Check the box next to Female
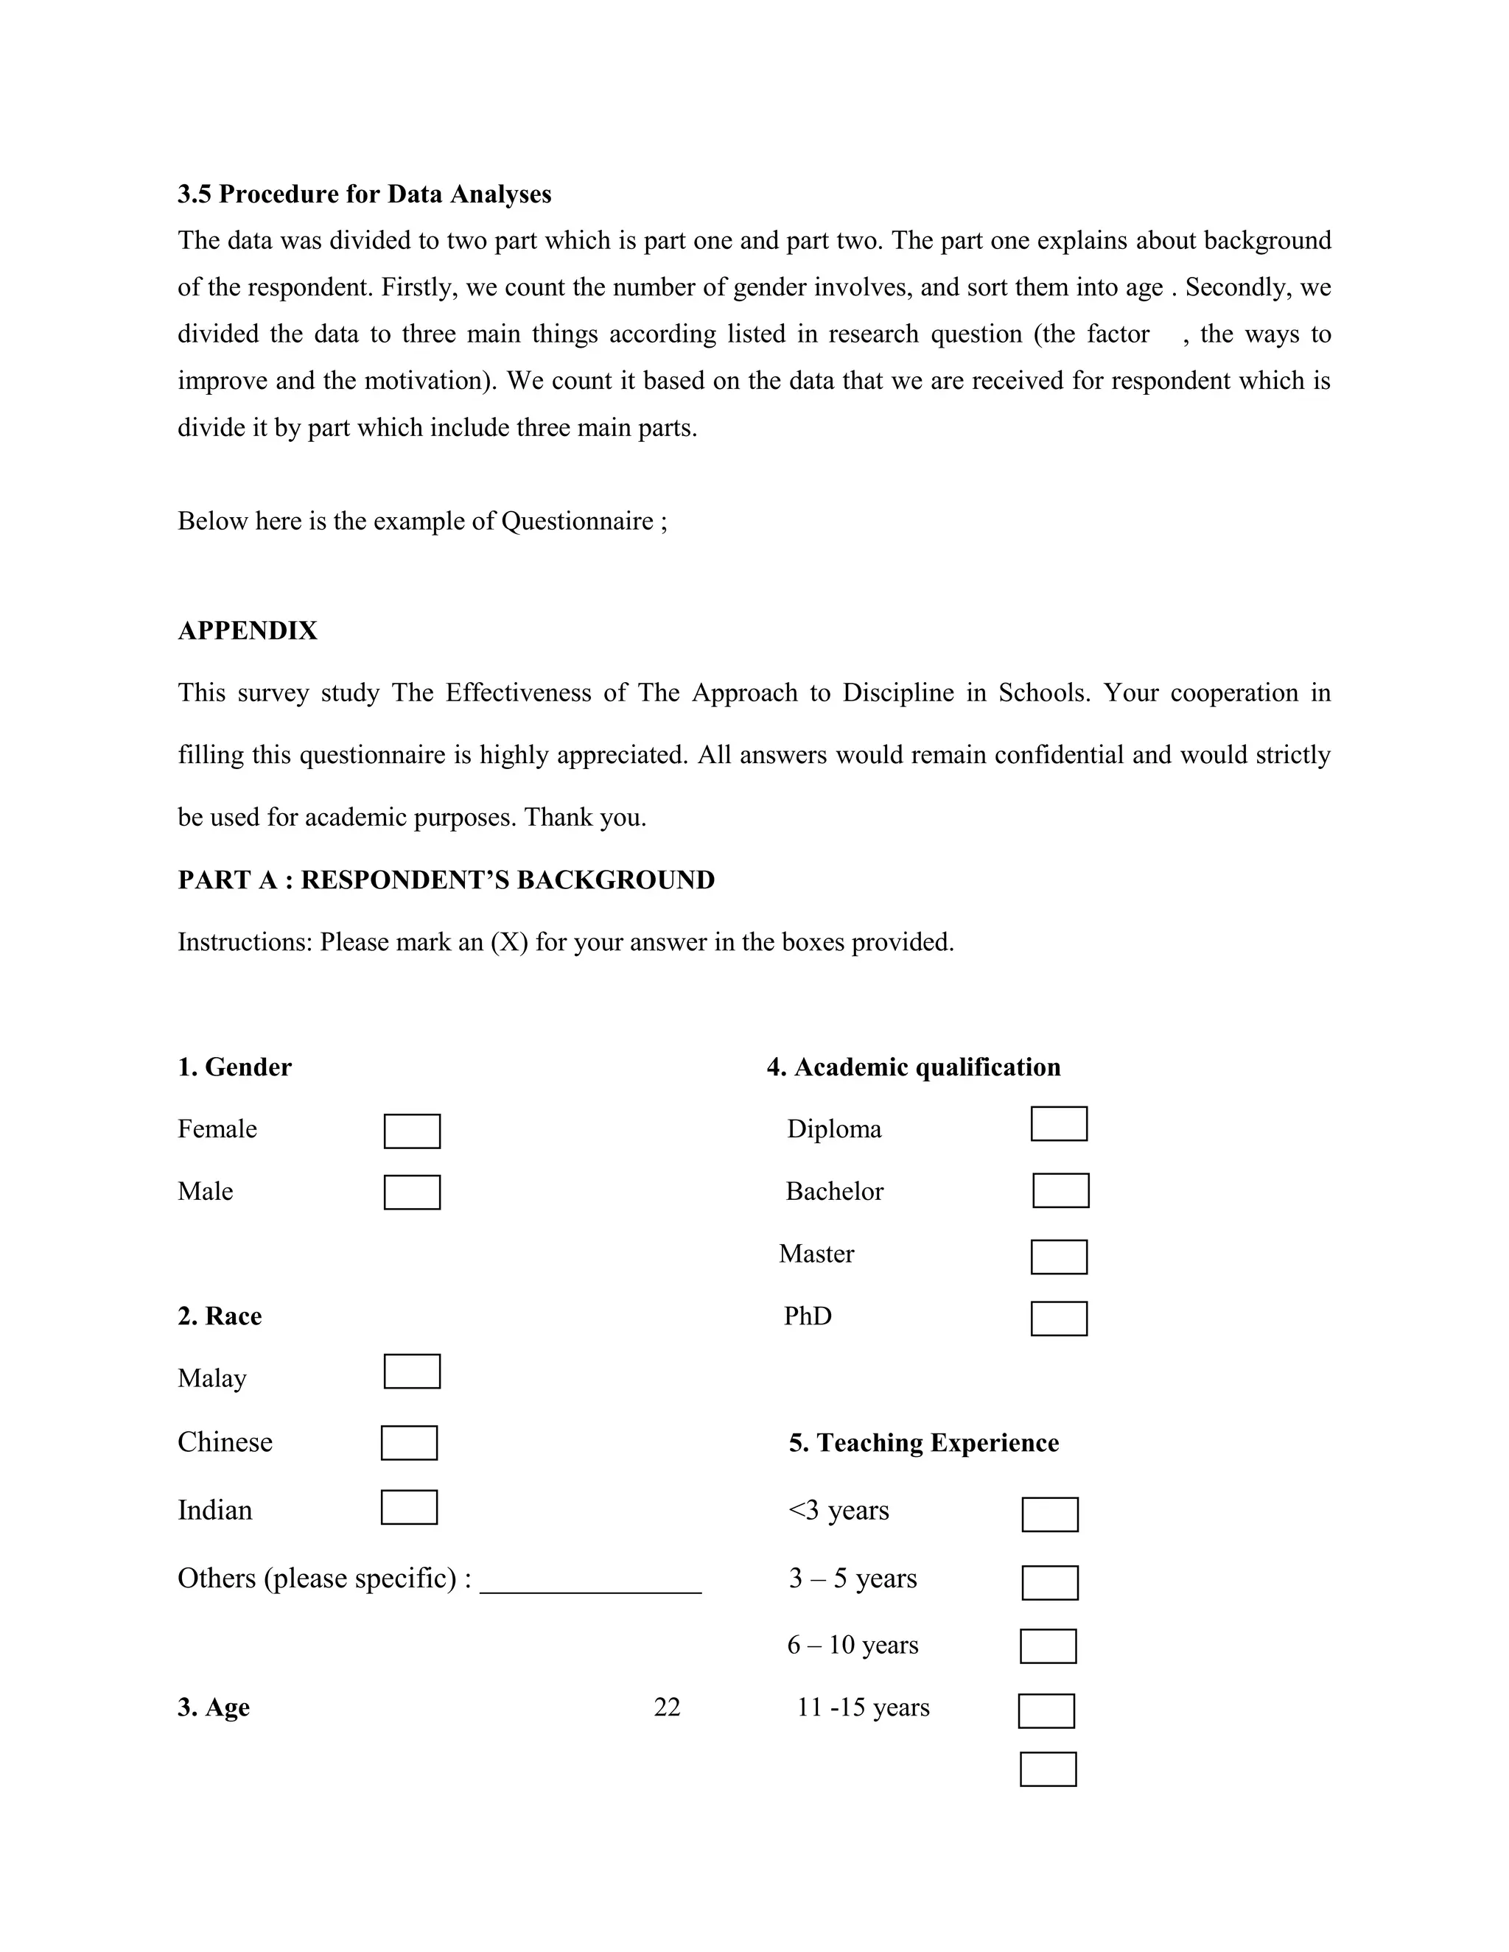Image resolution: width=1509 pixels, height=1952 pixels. (x=412, y=1131)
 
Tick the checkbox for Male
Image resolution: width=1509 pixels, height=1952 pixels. (x=412, y=1193)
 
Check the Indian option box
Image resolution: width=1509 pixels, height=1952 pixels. (x=408, y=1507)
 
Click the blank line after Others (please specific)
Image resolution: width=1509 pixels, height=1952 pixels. (x=590, y=1582)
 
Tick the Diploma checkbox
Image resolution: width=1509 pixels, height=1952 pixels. (x=1059, y=1123)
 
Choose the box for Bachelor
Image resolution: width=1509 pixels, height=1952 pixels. (x=1060, y=1190)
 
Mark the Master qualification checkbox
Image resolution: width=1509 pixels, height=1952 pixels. (x=1059, y=1257)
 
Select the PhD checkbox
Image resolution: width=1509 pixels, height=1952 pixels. (x=1059, y=1319)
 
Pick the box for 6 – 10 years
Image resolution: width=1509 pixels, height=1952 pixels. (x=1048, y=1646)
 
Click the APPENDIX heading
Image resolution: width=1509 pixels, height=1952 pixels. (x=248, y=631)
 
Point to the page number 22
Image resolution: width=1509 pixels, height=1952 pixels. (x=667, y=1707)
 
